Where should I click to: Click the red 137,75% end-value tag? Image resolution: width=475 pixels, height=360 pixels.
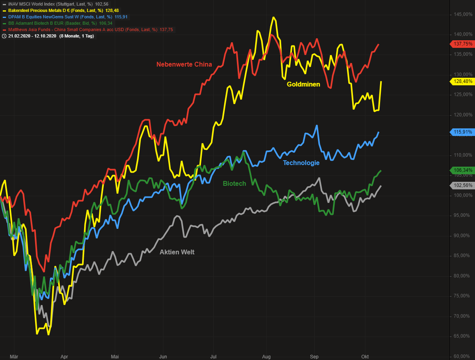tap(463, 44)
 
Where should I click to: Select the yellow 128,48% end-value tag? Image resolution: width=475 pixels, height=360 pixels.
tap(463, 81)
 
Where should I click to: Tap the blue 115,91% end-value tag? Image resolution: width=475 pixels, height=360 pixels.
tap(463, 132)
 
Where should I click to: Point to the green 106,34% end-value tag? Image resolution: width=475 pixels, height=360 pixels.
tap(463, 170)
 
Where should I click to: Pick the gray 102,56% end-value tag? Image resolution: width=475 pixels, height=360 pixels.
tap(463, 185)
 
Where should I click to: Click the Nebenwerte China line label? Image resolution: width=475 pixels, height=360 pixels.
tap(184, 64)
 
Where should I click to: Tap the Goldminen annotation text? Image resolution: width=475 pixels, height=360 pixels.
tap(303, 84)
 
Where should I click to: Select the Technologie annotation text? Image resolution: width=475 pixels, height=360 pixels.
tap(301, 163)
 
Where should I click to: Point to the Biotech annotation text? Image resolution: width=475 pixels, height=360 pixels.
tap(234, 183)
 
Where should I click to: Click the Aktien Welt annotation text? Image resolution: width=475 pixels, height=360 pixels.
tap(177, 252)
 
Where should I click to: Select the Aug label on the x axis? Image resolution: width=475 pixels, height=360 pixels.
tap(267, 356)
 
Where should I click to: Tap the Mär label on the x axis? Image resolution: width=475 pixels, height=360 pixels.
tap(14, 356)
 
